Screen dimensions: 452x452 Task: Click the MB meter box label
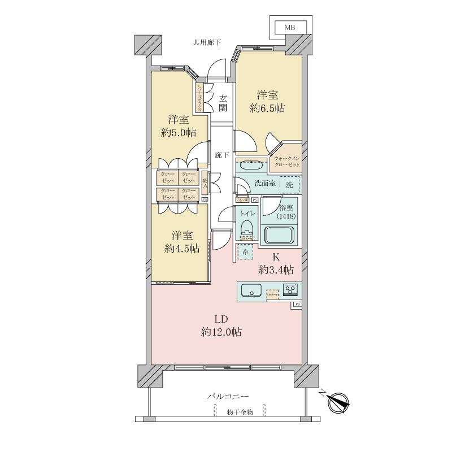[x=289, y=27]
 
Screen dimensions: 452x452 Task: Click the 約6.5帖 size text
[x=268, y=108]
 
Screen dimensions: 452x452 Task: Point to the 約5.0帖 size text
[x=179, y=133]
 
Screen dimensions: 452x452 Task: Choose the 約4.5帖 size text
[x=181, y=248]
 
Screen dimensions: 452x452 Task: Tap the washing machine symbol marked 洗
[x=289, y=185]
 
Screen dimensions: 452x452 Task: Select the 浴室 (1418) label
[x=286, y=211]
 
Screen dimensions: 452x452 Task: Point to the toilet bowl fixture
[x=246, y=228]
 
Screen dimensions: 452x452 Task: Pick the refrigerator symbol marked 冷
[x=245, y=252]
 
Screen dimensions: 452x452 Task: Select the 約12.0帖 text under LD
[x=221, y=332]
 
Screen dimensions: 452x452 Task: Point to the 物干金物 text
[x=240, y=412]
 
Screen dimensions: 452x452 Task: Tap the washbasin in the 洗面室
[x=249, y=167]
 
